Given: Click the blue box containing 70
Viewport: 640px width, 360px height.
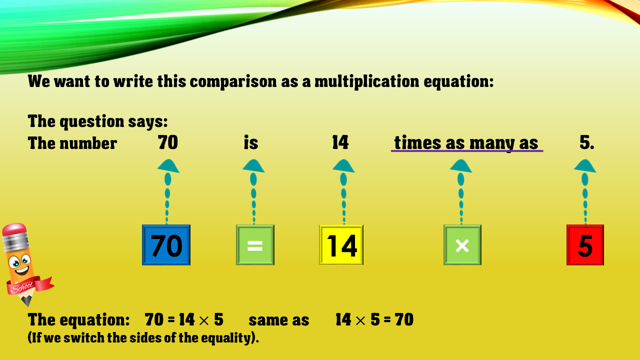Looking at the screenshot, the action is click(x=166, y=245).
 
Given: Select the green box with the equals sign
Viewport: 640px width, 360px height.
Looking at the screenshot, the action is click(x=255, y=245).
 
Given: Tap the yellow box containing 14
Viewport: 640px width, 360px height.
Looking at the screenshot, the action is click(x=341, y=245).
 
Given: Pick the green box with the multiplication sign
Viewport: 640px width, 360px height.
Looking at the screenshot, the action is click(x=462, y=245).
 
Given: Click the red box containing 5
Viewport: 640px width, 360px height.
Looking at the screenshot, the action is click(x=585, y=245).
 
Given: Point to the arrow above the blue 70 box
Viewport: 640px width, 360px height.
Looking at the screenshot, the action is click(x=167, y=191).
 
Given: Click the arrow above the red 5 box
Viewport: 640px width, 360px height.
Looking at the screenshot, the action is click(x=585, y=191).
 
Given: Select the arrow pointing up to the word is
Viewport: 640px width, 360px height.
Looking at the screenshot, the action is click(x=253, y=191).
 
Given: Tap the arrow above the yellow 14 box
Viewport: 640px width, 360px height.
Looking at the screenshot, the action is click(x=343, y=191).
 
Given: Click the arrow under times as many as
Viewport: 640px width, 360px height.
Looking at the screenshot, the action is click(x=461, y=191).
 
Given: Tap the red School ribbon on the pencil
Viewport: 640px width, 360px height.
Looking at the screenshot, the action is click(x=28, y=285).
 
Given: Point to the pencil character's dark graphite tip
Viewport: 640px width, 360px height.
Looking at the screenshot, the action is click(x=27, y=301).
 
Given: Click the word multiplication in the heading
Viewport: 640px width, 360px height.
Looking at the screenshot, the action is click(x=367, y=81).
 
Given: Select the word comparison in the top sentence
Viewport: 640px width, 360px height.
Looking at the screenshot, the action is click(x=233, y=81).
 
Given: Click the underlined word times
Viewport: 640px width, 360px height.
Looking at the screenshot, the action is click(x=417, y=142).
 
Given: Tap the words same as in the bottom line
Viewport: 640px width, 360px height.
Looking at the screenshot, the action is click(x=279, y=320).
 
